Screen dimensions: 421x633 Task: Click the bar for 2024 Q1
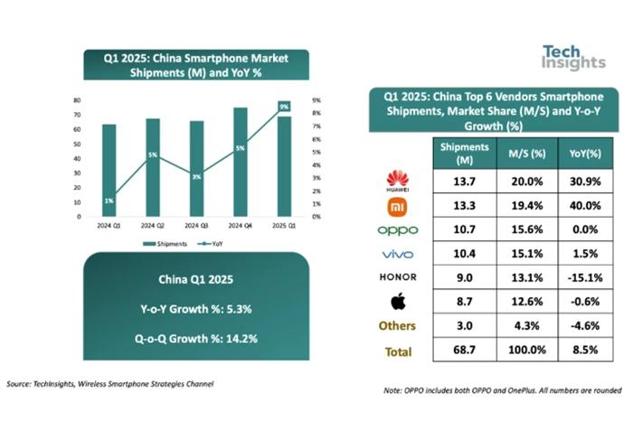(x=109, y=171)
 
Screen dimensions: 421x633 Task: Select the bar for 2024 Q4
(x=241, y=163)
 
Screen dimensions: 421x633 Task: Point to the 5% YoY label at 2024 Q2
(x=153, y=155)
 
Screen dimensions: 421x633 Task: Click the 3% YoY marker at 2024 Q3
(x=196, y=176)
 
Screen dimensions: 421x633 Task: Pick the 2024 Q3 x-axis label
(x=196, y=225)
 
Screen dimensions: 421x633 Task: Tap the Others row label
(x=400, y=326)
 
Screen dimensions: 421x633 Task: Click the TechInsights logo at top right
(x=574, y=57)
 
